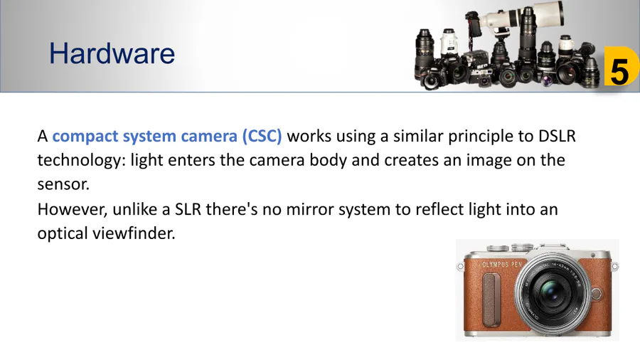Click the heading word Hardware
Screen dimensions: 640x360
point(112,53)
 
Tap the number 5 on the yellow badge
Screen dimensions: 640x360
point(619,71)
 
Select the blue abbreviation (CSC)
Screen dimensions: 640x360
point(262,136)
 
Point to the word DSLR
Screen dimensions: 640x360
point(557,136)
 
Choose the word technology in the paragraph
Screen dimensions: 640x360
point(79,160)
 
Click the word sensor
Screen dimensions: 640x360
point(63,185)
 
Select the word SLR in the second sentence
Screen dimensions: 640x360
point(188,209)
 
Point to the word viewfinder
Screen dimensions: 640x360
point(134,233)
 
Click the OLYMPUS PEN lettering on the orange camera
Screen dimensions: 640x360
point(502,265)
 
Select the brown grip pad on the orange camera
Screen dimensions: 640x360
point(491,300)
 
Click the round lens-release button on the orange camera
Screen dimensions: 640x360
point(597,293)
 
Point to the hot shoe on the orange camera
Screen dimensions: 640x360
point(553,248)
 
